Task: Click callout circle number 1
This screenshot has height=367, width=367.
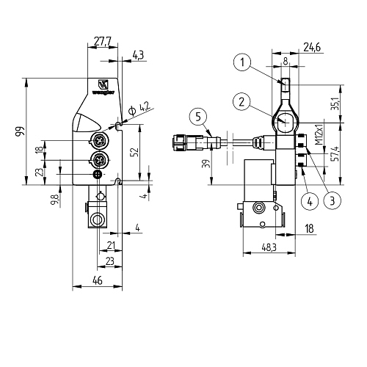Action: click(x=244, y=63)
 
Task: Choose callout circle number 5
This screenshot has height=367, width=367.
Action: click(x=197, y=115)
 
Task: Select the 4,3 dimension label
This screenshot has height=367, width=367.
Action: click(x=138, y=54)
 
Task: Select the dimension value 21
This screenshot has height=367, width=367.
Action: click(x=111, y=245)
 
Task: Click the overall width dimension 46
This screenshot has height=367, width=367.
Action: click(x=97, y=280)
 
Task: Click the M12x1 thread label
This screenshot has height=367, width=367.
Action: click(x=319, y=142)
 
